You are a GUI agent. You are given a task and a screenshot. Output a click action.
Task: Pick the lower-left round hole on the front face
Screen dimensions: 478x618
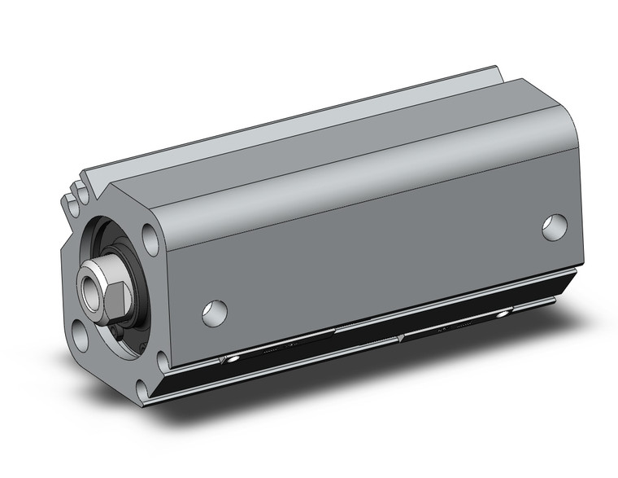[x=81, y=334]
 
